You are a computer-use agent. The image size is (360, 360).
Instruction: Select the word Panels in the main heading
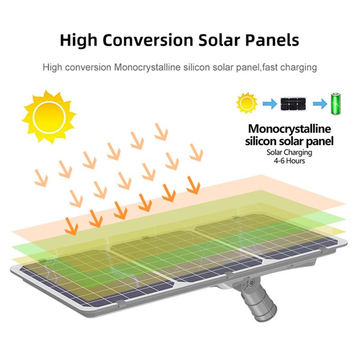click(272, 40)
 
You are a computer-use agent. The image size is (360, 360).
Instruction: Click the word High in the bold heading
click(78, 40)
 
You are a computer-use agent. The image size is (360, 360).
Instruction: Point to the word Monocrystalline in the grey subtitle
click(147, 67)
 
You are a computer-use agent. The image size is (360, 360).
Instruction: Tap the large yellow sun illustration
click(49, 117)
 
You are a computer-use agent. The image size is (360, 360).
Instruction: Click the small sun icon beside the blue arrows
click(247, 103)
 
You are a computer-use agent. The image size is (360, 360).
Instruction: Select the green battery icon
click(336, 103)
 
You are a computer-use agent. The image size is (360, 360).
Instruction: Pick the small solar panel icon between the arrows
click(293, 104)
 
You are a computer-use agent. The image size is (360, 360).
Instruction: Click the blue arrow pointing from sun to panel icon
click(270, 104)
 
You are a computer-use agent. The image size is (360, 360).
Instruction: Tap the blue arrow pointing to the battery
click(320, 104)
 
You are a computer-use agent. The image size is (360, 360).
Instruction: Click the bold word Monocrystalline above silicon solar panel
click(289, 129)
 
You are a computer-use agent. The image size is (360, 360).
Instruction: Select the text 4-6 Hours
click(289, 161)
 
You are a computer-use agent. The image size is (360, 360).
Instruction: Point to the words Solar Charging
click(289, 153)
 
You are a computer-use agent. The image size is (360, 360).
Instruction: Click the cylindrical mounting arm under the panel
click(260, 302)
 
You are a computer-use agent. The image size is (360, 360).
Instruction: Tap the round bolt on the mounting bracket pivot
click(251, 282)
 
